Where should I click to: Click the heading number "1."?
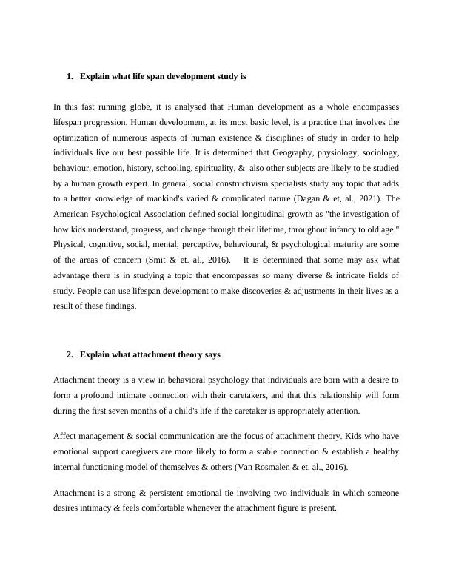pyautogui.click(x=70, y=76)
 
